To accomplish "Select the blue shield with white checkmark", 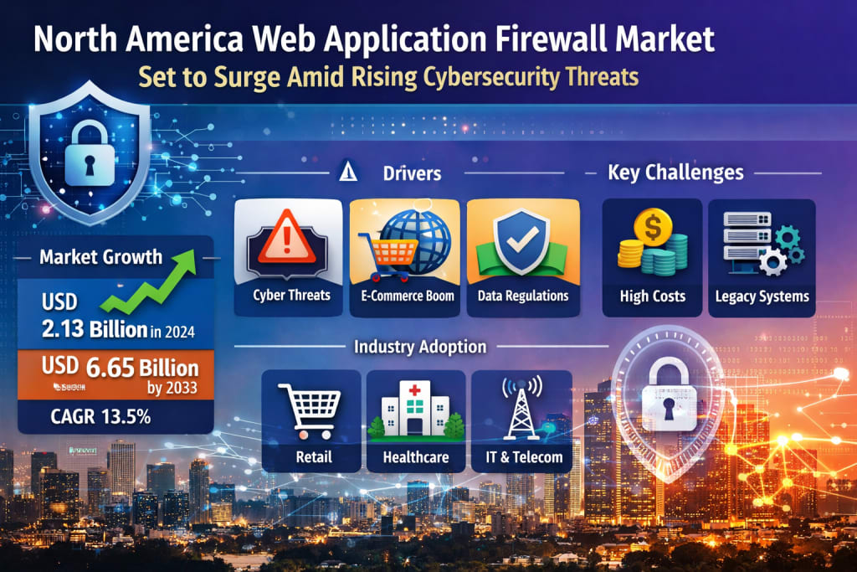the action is point(522,241).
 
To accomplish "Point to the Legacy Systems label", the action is point(762,296).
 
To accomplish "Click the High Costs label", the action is point(653,296).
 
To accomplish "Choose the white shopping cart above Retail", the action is point(313,410).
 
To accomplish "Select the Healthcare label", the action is point(416,457).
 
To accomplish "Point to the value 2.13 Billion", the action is point(94,329).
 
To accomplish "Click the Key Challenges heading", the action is point(675,173).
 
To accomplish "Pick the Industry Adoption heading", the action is point(419,346).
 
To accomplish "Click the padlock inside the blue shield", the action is point(88,149).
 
